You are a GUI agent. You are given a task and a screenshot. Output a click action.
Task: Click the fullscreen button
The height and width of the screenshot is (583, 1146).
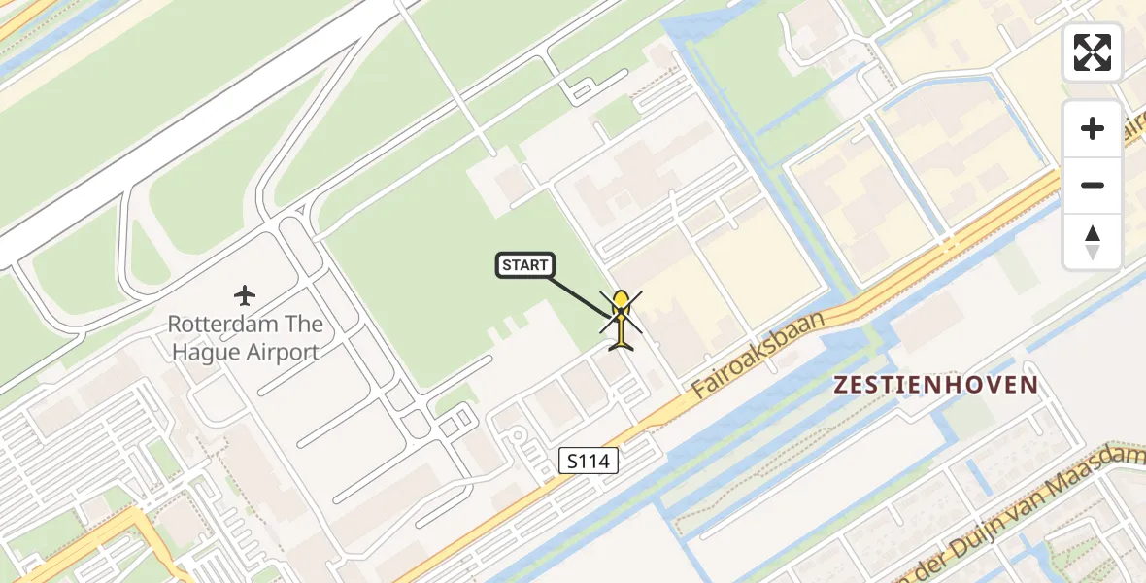(x=1093, y=51)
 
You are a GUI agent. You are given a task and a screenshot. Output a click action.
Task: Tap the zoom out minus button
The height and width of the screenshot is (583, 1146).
(x=1093, y=185)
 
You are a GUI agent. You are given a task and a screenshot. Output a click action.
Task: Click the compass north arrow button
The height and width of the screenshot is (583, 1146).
(x=1093, y=241)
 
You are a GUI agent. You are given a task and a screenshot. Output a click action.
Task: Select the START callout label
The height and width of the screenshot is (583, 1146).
(x=525, y=265)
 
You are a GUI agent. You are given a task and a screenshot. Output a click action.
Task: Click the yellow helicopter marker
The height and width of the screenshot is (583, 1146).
(x=621, y=318)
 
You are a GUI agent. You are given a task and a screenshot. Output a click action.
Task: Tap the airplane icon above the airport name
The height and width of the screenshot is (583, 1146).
(x=245, y=293)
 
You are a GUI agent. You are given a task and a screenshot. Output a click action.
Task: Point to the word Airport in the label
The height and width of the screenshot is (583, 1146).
(x=283, y=352)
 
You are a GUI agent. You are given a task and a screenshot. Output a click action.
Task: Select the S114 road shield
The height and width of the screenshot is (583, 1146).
(x=590, y=462)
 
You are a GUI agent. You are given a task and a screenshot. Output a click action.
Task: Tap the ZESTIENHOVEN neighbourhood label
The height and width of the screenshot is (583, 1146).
(x=936, y=385)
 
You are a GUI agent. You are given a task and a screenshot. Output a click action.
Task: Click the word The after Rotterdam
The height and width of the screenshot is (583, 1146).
(x=300, y=324)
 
